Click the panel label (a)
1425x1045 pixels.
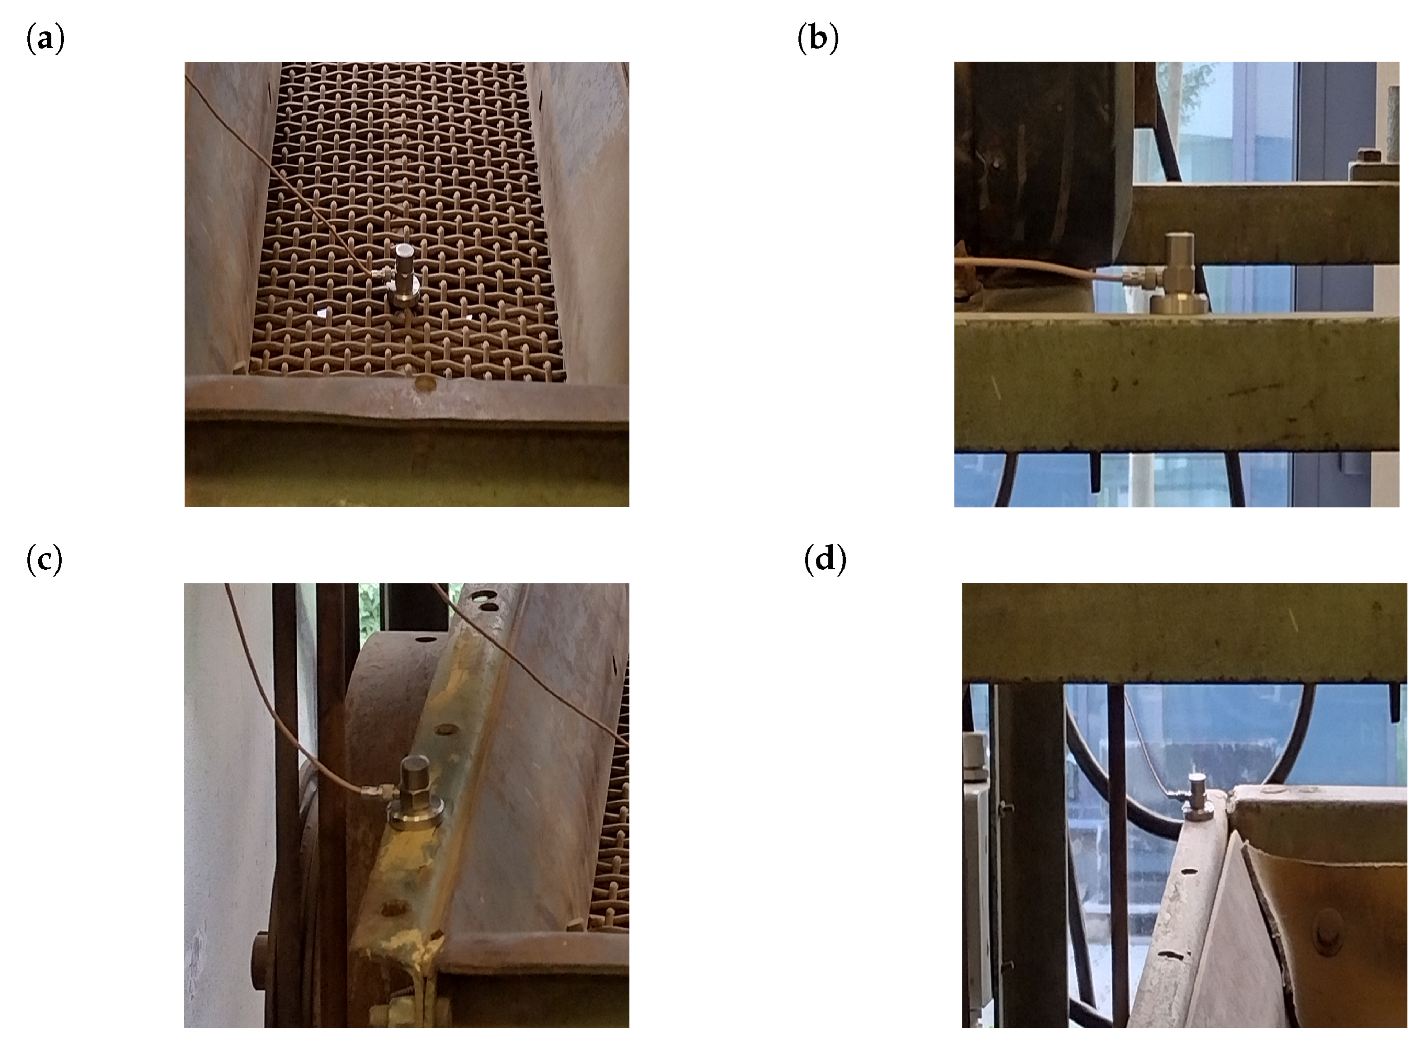point(45,39)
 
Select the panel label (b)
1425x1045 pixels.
point(817,38)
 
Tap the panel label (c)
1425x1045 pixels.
point(44,560)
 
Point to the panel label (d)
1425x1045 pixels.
point(825,560)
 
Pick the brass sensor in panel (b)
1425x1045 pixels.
point(1179,272)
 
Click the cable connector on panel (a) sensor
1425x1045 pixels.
point(380,274)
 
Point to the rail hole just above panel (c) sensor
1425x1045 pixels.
point(446,729)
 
